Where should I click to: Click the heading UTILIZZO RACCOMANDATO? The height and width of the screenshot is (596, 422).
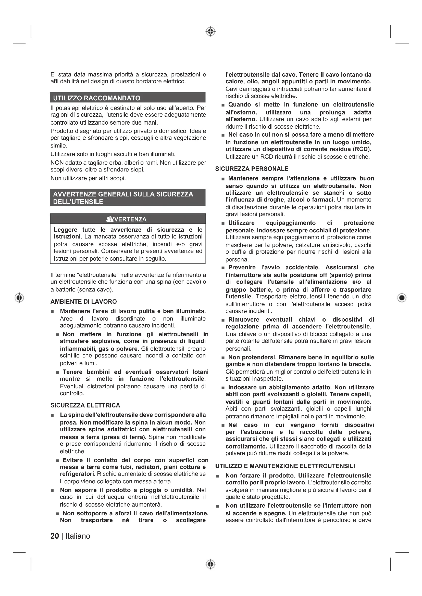click(x=96, y=98)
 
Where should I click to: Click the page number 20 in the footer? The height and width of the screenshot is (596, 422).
click(x=55, y=536)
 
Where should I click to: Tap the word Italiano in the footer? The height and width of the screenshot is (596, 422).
click(x=78, y=536)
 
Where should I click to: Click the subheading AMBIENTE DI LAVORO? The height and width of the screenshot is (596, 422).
click(x=84, y=301)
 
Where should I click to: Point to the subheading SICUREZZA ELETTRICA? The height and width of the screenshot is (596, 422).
click(x=85, y=405)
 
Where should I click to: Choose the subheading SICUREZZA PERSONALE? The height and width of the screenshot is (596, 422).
click(x=252, y=169)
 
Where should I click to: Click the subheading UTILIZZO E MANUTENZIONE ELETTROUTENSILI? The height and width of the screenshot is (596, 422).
click(x=285, y=466)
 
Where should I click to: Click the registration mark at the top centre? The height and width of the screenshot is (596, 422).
click(x=210, y=31)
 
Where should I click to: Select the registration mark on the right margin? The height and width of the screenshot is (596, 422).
click(x=402, y=297)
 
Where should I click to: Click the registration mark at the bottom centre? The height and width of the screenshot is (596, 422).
click(x=210, y=564)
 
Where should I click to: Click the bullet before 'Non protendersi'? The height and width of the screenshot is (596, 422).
click(x=223, y=358)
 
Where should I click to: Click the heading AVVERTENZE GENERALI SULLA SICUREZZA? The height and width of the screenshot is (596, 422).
click(x=123, y=194)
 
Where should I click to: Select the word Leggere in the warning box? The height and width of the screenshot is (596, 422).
click(x=66, y=230)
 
